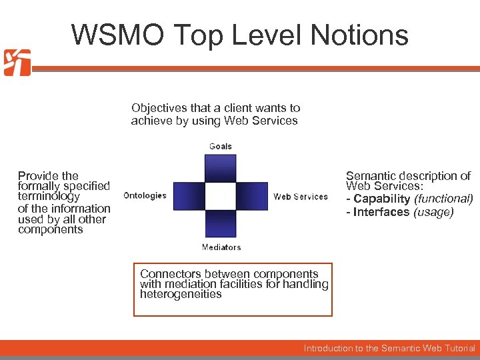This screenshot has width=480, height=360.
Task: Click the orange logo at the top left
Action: point(17,63)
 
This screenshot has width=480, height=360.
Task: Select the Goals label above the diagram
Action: point(221,146)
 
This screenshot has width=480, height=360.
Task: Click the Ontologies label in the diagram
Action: point(145,195)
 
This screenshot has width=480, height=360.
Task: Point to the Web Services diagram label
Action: point(301,197)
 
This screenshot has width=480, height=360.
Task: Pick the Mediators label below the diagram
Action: point(221,247)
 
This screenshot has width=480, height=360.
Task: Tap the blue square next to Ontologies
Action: point(188,196)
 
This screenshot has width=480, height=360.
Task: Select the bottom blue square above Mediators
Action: point(221,224)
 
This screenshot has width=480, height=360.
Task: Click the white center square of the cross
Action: point(221,196)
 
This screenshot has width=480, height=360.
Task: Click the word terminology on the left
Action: point(49,197)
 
